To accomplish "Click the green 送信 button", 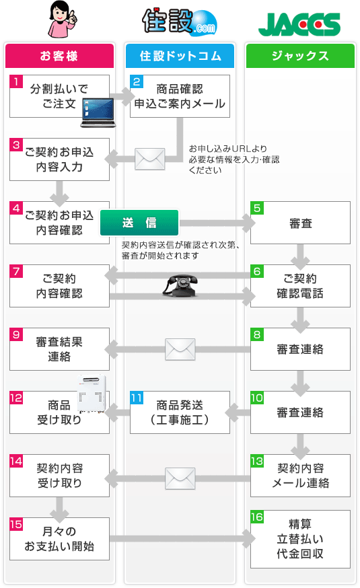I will coord(139,223).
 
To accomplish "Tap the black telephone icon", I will coord(180,285).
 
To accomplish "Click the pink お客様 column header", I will coord(59,56).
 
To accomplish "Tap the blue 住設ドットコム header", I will coord(180,56).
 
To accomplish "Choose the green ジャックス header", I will coord(300,56).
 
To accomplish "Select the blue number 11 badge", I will coord(137,398).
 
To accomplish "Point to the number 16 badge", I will coord(257,517).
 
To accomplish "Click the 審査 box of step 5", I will coord(300,223).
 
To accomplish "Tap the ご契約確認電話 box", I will coord(300,285).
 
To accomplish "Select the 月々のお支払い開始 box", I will coord(59,539).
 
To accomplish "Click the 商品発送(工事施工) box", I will coord(180,412).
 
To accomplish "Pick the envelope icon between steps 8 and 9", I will coord(180,348).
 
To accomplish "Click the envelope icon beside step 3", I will coord(150,159).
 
